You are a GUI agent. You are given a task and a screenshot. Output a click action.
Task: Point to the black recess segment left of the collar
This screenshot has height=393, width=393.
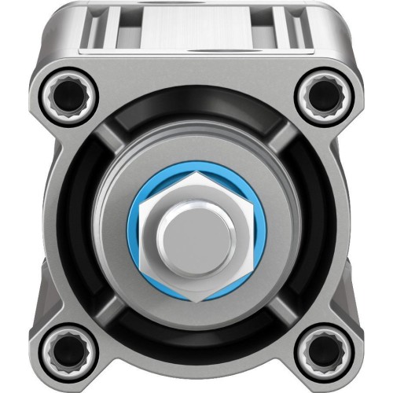pyautogui.click(x=79, y=232)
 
